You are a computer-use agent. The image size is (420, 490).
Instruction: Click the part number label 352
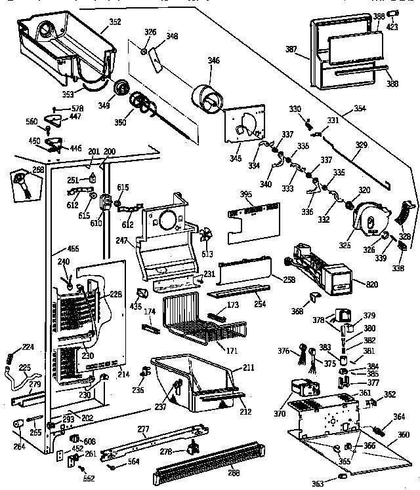(115, 22)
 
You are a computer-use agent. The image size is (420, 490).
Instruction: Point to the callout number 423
(393, 28)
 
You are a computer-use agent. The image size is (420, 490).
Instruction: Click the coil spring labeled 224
(10, 358)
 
